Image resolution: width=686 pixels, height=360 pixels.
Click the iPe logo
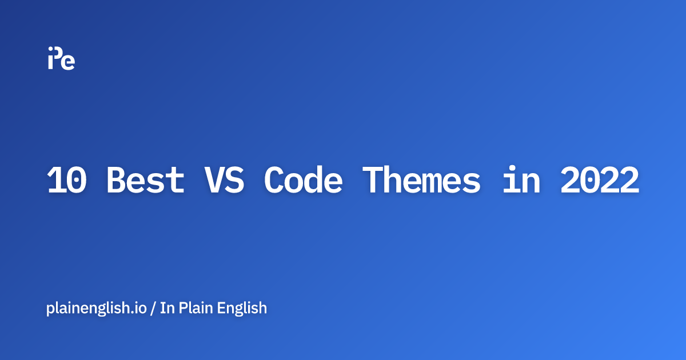click(61, 58)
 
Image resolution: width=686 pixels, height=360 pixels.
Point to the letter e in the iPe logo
click(69, 62)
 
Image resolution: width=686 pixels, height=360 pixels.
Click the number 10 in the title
click(67, 181)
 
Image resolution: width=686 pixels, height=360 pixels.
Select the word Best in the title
click(146, 181)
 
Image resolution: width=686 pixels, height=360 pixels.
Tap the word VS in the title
click(224, 181)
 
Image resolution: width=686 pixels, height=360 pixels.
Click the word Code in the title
click(303, 181)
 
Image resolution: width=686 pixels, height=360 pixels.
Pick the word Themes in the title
click(421, 181)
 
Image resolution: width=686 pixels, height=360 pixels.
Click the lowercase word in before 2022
click(520, 181)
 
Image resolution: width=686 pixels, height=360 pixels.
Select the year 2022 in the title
click(599, 181)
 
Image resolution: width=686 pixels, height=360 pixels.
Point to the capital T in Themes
click(372, 181)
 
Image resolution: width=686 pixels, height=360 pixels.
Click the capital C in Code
click(274, 181)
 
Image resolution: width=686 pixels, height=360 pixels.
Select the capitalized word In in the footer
click(167, 308)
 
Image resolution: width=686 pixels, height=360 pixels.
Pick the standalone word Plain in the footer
click(196, 308)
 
